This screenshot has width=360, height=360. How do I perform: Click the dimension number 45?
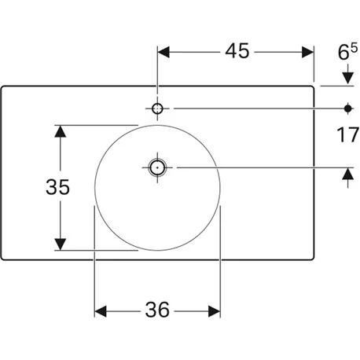(237, 51)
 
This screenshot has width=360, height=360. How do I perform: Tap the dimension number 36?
(157, 310)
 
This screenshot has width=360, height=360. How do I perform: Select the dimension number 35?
(57, 187)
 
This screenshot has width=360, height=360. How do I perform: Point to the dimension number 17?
(347, 134)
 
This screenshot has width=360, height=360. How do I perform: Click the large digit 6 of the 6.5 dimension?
(343, 53)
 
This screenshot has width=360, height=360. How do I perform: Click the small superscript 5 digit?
(354, 48)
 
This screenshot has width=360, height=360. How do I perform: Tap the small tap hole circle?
(157, 108)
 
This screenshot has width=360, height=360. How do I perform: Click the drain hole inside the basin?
(157, 167)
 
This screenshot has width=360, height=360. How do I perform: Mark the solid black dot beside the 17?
(347, 108)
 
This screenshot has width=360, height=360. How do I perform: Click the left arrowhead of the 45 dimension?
(163, 52)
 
